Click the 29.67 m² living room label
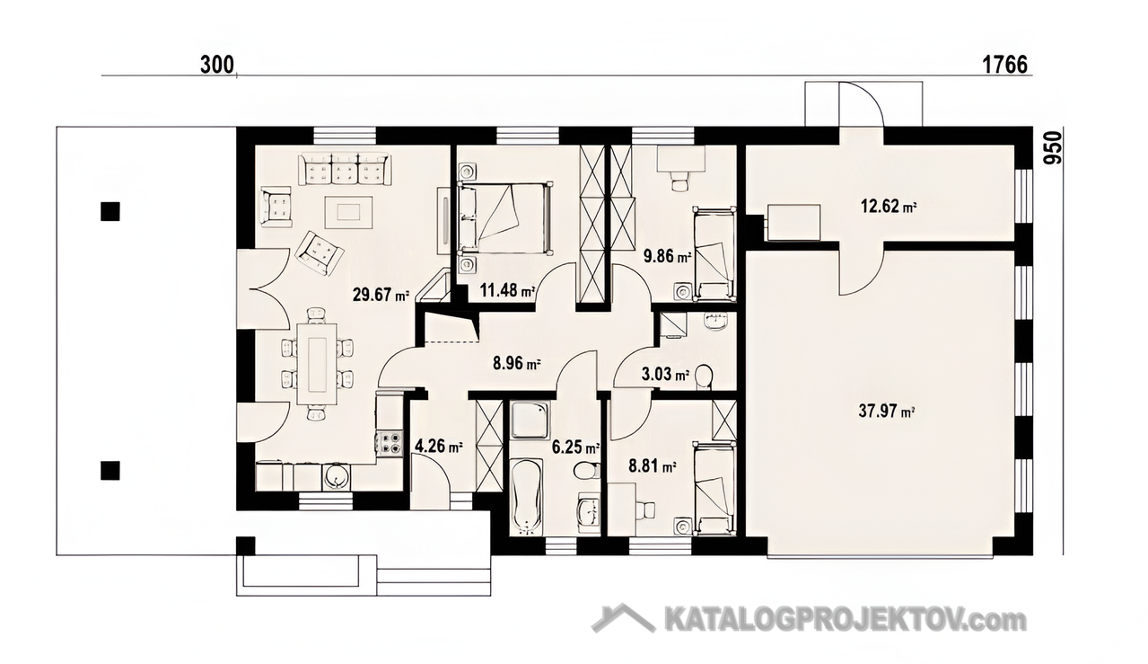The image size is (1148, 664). pyautogui.click(x=381, y=295)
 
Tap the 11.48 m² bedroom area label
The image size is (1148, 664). pyautogui.click(x=507, y=291)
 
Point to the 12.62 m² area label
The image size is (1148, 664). pyautogui.click(x=889, y=207)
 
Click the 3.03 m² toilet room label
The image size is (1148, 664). pyautogui.click(x=665, y=374)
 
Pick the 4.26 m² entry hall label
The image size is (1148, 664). pyautogui.click(x=439, y=446)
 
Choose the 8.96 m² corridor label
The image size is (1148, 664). pyautogui.click(x=517, y=364)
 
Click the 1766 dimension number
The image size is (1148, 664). pyautogui.click(x=1004, y=66)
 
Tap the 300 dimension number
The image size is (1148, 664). pyautogui.click(x=217, y=66)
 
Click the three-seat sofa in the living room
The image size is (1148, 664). pyautogui.click(x=345, y=168)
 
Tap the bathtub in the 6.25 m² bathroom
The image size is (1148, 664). pyautogui.click(x=526, y=496)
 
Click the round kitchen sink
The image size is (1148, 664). pyautogui.click(x=336, y=477)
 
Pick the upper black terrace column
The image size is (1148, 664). pyautogui.click(x=110, y=211)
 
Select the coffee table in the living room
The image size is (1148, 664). pyautogui.click(x=348, y=212)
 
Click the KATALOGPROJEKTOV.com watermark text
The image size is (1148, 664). pyautogui.click(x=846, y=621)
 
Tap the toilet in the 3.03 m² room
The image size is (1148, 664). pyautogui.click(x=704, y=377)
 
